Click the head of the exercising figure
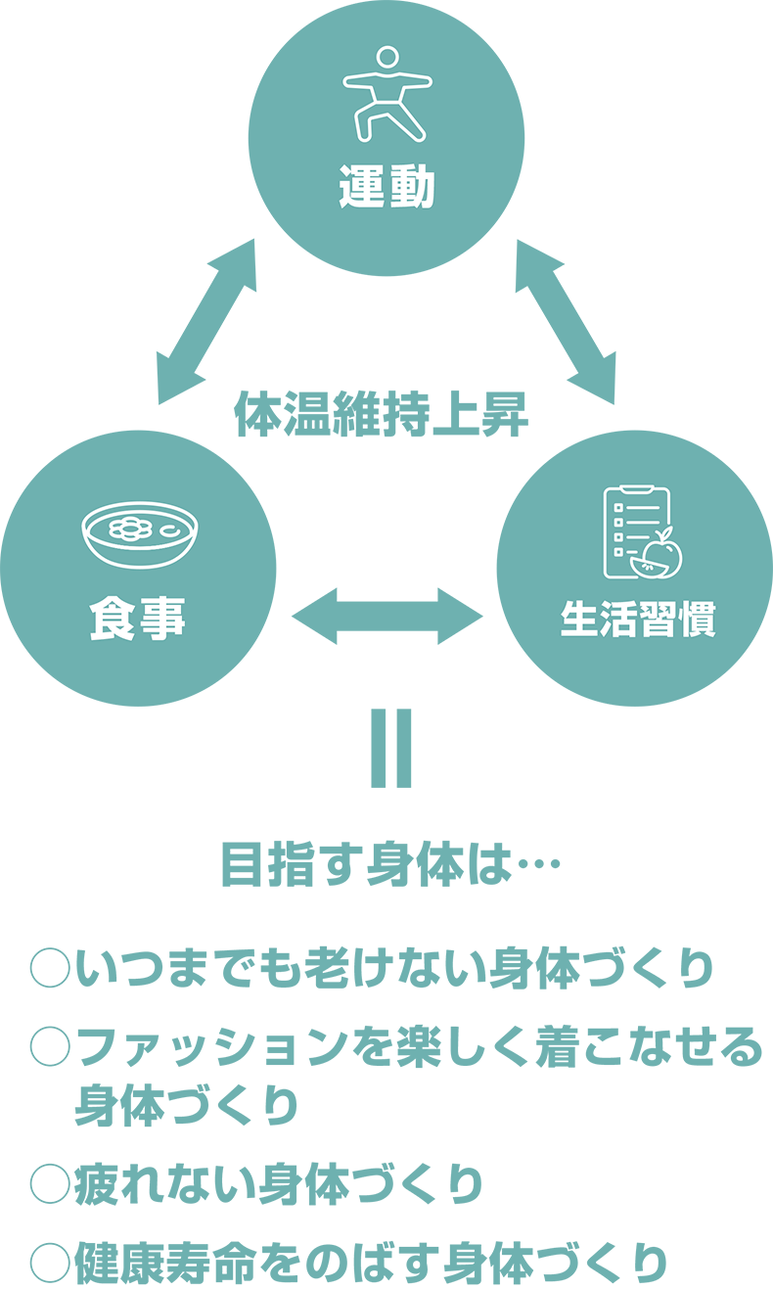coord(387,57)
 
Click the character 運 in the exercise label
coord(363,186)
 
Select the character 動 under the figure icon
coord(412,186)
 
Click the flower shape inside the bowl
coord(130,529)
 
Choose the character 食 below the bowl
coord(113,620)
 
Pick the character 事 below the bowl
coord(161,620)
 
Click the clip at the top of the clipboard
coord(637,488)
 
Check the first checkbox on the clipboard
coord(618,508)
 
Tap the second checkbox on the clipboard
coord(618,523)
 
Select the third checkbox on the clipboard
coord(618,537)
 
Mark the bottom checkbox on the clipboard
coord(618,552)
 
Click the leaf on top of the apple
coord(667,533)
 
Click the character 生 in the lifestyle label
coord(580,620)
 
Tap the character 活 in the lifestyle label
coord(619,620)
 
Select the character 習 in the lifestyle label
coord(658,620)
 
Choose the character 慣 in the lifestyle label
coord(697,620)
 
